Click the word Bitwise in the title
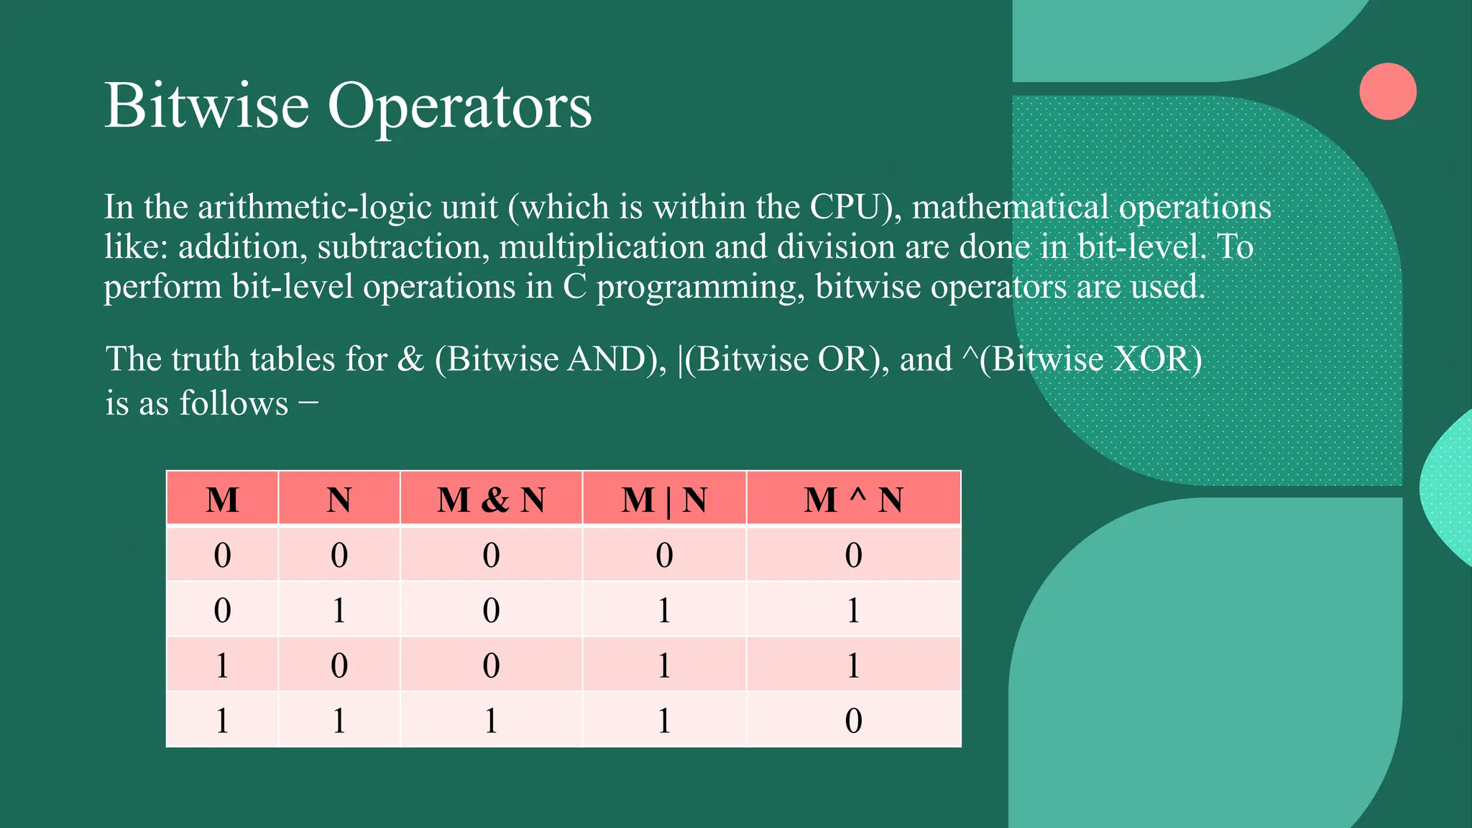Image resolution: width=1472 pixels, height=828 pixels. [x=207, y=106]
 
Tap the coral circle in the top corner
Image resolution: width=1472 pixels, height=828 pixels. [x=1387, y=91]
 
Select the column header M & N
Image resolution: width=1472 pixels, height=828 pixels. [x=491, y=500]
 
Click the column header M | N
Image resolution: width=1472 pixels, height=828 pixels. [x=664, y=500]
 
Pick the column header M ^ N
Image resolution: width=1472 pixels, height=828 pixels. [x=853, y=500]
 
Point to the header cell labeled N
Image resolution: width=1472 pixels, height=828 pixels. [x=339, y=500]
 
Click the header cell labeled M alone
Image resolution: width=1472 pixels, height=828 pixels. [x=222, y=500]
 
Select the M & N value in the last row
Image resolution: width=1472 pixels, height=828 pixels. [x=491, y=720]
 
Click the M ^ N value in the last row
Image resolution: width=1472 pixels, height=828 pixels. [x=853, y=720]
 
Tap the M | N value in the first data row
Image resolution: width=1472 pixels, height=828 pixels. [x=664, y=555]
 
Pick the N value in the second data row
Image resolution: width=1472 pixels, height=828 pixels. [x=339, y=610]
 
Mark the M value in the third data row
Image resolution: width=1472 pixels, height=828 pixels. [x=222, y=666]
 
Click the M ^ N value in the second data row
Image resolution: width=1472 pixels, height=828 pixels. [x=853, y=610]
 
